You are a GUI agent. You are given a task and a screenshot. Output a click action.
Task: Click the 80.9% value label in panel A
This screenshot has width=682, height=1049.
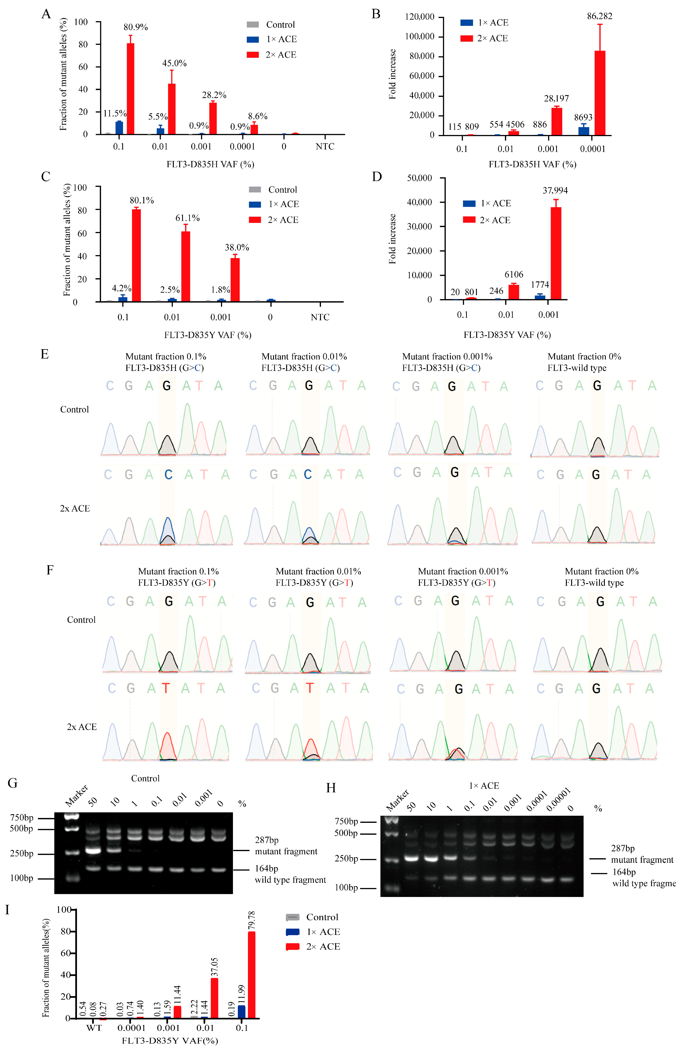pos(135,27)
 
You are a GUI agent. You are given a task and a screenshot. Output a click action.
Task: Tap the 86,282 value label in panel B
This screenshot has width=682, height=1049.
pos(599,16)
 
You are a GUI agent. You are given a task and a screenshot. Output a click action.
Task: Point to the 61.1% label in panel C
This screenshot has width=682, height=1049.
pos(187,218)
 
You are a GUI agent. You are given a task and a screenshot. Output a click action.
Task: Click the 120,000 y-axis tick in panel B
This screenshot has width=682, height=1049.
pos(419,17)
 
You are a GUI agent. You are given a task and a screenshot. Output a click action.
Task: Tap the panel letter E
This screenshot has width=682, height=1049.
pos(45,354)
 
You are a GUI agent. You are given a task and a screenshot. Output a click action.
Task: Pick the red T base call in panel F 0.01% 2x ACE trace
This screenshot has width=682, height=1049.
pos(310,688)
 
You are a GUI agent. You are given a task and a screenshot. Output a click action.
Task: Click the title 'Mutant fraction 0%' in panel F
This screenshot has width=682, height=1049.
pos(601,571)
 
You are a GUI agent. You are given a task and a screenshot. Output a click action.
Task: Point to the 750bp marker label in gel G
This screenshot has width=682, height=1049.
pos(22,818)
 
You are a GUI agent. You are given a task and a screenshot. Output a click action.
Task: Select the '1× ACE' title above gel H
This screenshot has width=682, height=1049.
pos(484,785)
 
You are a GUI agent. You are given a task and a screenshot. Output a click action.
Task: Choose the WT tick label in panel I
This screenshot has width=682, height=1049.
pos(94,1028)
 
